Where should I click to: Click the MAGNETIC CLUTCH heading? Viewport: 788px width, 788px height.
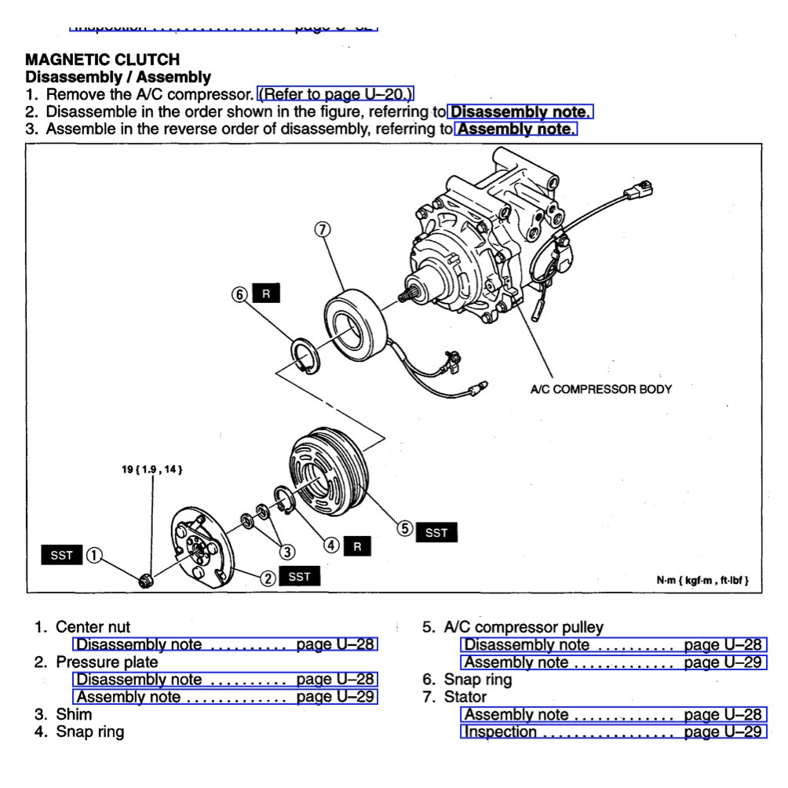102,60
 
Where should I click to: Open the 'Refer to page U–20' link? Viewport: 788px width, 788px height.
336,95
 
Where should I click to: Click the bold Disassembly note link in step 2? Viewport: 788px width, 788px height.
520,111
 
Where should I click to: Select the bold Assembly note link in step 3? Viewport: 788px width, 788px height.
516,129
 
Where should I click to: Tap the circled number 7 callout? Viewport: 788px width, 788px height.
322,229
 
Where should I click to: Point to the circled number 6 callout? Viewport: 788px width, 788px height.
239,294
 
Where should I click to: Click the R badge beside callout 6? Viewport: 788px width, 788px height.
266,294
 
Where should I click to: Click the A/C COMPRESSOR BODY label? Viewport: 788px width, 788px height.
600,389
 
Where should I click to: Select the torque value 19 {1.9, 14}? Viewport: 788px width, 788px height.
152,469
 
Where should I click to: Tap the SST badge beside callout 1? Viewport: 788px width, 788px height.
61,556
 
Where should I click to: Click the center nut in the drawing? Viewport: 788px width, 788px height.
145,581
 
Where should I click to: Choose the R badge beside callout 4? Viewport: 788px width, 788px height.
357,546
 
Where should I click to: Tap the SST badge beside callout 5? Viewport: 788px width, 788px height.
436,533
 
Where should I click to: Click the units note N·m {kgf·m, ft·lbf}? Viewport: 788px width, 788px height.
702,581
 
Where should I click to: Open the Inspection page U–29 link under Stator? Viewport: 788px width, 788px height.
613,732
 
